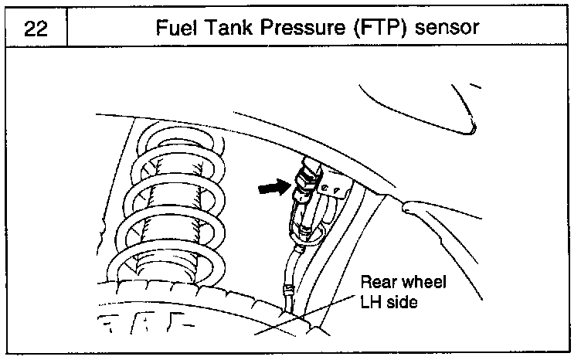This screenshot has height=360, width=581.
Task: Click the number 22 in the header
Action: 35,28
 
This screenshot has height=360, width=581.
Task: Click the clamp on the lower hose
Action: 287,292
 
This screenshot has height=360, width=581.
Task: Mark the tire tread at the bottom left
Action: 147,324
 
